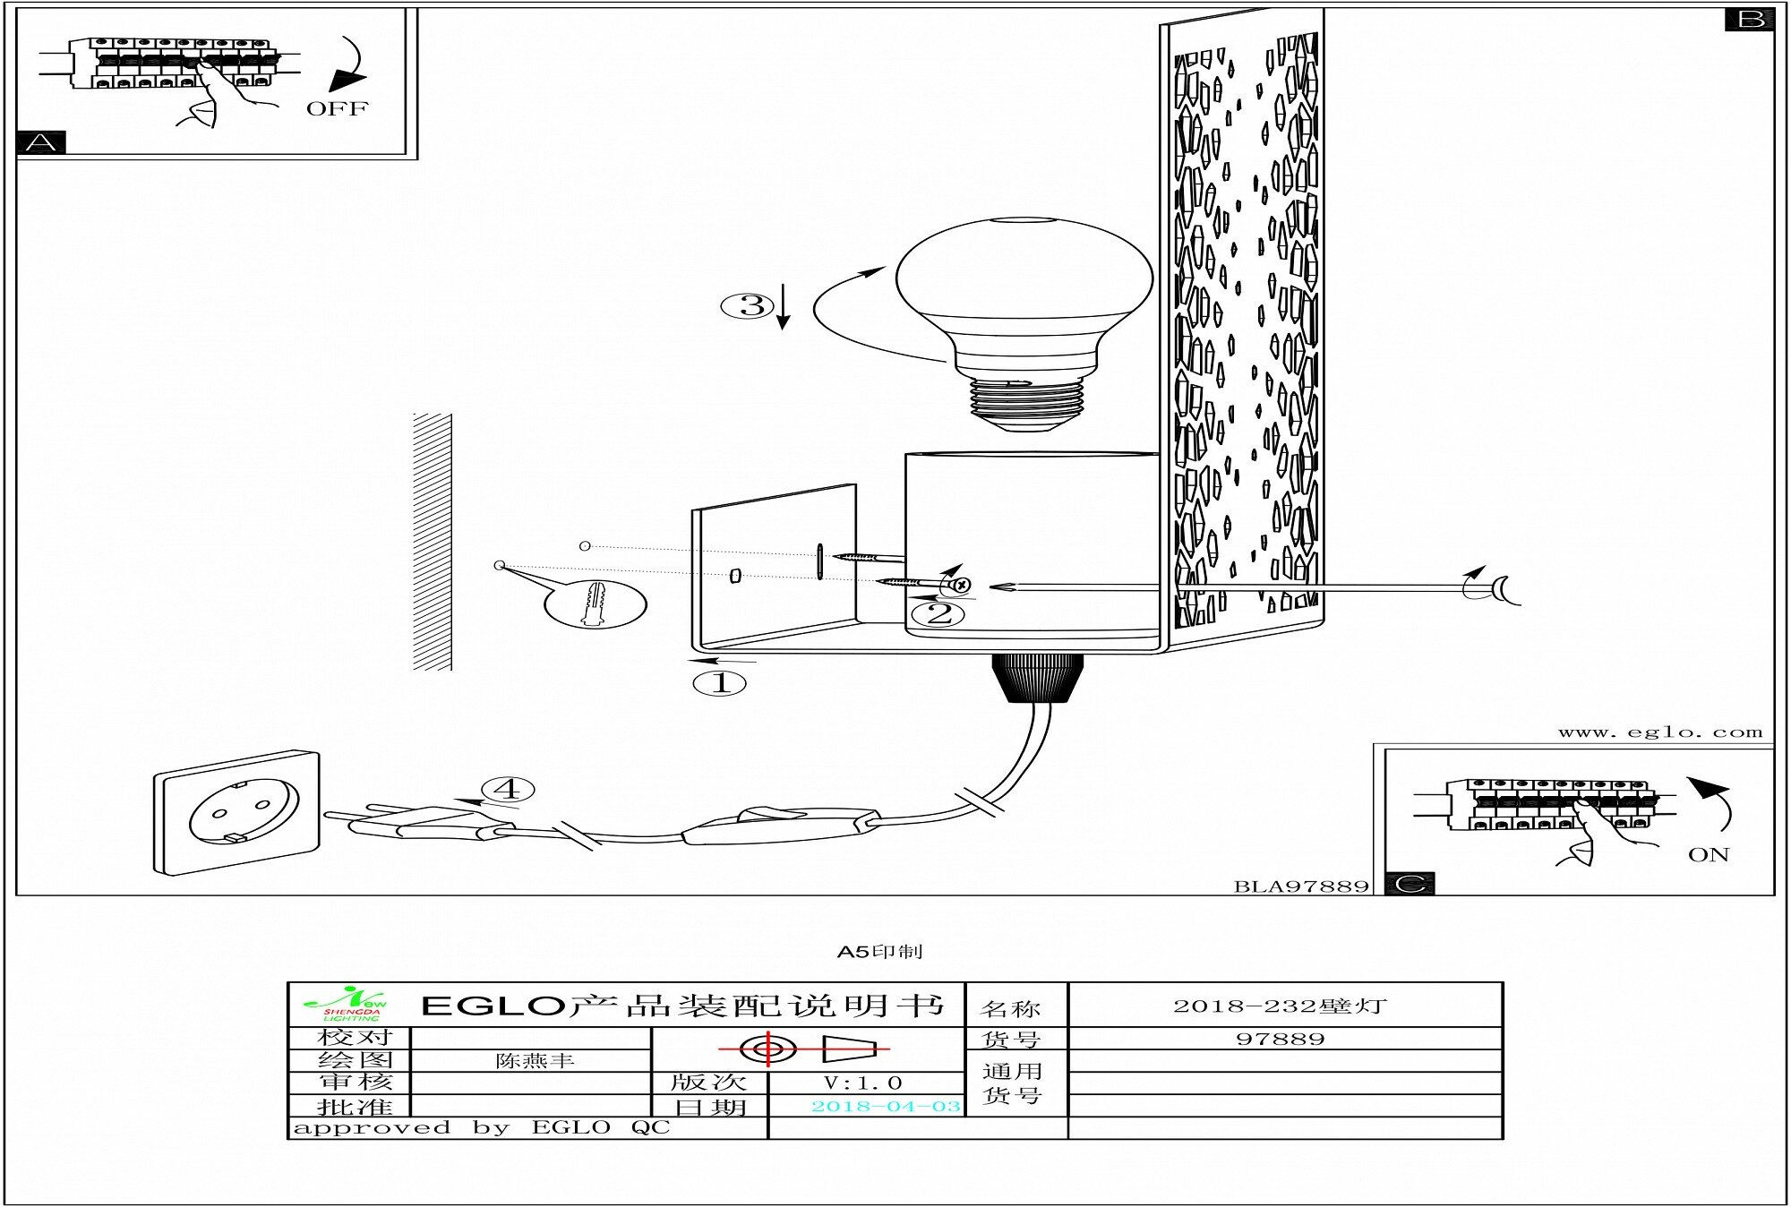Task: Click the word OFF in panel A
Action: pyautogui.click(x=337, y=109)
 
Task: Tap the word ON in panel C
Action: pyautogui.click(x=1708, y=855)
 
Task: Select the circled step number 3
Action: pyautogui.click(x=750, y=306)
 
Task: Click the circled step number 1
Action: pyautogui.click(x=720, y=684)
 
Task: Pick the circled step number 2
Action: pyautogui.click(x=938, y=614)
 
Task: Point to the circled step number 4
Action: pyautogui.click(x=508, y=789)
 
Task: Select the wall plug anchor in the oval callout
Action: pyautogui.click(x=596, y=603)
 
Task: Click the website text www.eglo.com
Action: pyautogui.click(x=1659, y=732)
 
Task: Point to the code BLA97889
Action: pyautogui.click(x=1301, y=886)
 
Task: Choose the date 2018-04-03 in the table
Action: pyautogui.click(x=885, y=1107)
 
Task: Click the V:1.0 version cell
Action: pyautogui.click(x=862, y=1083)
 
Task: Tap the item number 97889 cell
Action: pyautogui.click(x=1280, y=1040)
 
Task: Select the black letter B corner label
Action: pyautogui.click(x=1749, y=19)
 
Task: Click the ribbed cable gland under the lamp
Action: pyautogui.click(x=1037, y=678)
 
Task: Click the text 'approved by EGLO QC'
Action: pyautogui.click(x=482, y=1128)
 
